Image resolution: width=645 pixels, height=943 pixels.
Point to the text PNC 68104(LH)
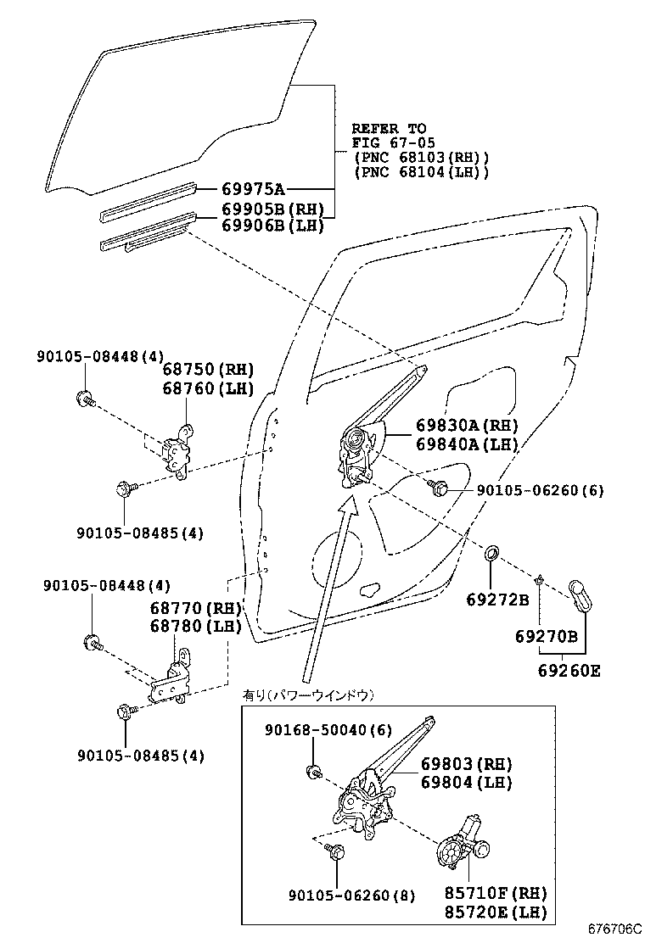tap(421, 172)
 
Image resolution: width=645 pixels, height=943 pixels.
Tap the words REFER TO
tap(389, 129)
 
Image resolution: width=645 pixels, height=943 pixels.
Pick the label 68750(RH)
tap(208, 370)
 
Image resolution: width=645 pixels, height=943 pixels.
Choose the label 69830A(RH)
tap(466, 426)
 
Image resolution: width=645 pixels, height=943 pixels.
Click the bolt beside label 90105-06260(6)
tap(439, 487)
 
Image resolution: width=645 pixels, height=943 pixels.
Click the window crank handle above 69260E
tap(581, 595)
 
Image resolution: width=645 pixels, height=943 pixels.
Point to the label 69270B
tap(546, 636)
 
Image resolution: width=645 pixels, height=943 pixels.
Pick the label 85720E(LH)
tap(495, 912)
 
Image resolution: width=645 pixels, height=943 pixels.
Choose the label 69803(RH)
tap(466, 764)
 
